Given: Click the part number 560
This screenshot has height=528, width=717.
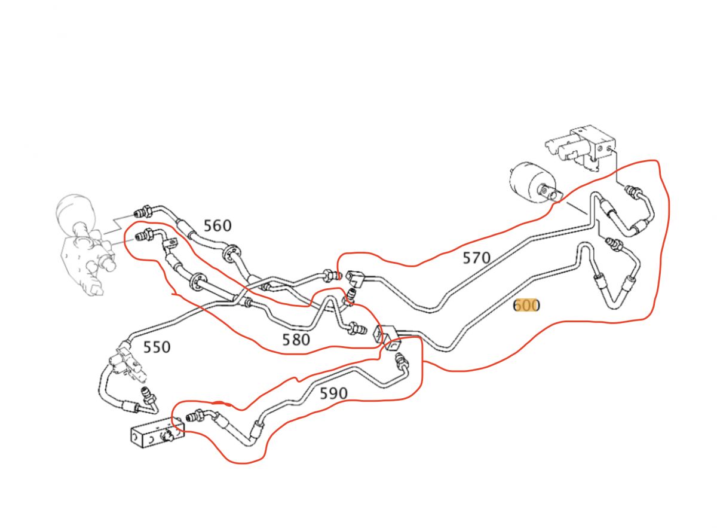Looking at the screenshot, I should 217,226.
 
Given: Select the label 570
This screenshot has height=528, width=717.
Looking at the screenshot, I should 476,258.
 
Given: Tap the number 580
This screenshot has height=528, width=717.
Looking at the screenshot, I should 296,340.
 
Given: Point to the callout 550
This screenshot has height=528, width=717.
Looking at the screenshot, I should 157,347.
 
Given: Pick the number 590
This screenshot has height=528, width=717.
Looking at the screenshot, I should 333,393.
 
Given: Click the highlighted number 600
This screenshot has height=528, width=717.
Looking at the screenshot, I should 527,306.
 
